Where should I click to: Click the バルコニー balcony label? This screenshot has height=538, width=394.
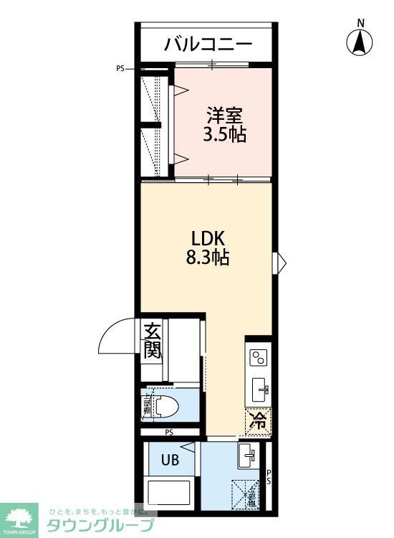[208, 44]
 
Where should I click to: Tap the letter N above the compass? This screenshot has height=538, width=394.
[361, 23]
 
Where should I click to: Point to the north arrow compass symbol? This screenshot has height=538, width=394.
[360, 44]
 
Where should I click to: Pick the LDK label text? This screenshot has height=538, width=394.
[208, 237]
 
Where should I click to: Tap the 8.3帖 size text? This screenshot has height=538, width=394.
[208, 258]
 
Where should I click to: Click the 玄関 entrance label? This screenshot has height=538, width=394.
[152, 341]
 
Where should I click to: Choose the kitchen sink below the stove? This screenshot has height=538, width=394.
[259, 391]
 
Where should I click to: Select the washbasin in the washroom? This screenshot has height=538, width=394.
[247, 453]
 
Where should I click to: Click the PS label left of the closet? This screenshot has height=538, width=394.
[120, 69]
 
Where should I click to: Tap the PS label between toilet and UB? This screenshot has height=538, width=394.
[169, 433]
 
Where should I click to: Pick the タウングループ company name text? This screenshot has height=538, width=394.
[100, 525]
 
